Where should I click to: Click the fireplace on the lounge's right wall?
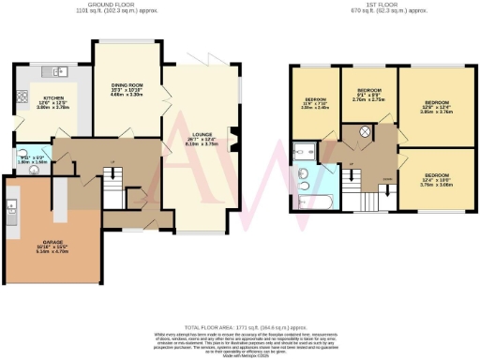[232, 143]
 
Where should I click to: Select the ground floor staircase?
[112, 193]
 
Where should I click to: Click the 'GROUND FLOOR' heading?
[103, 5]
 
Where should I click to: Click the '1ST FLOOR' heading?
[371, 5]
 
